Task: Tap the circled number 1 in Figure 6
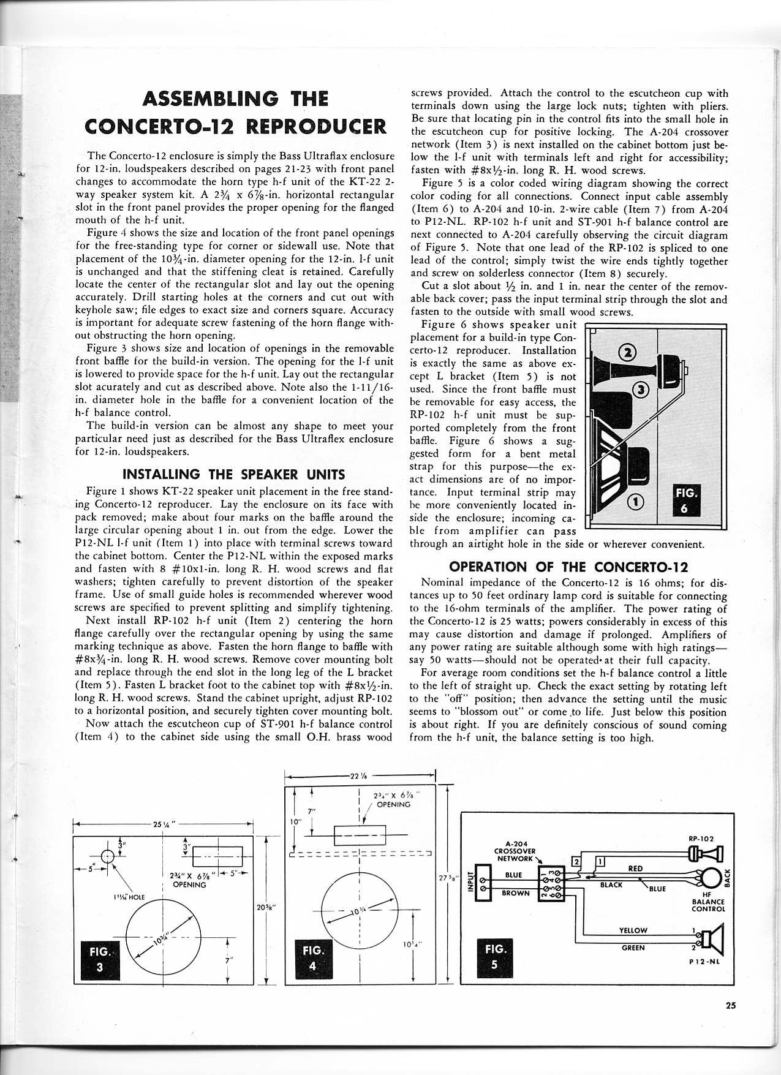click(x=637, y=502)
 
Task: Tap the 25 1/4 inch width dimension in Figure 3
click(x=164, y=824)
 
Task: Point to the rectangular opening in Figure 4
click(x=360, y=834)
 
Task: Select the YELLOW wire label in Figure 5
click(x=633, y=930)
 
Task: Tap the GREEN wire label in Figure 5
click(x=633, y=948)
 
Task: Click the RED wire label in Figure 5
click(x=635, y=868)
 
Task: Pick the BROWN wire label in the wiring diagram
click(x=515, y=893)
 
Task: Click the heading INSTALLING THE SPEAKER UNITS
click(x=234, y=474)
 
